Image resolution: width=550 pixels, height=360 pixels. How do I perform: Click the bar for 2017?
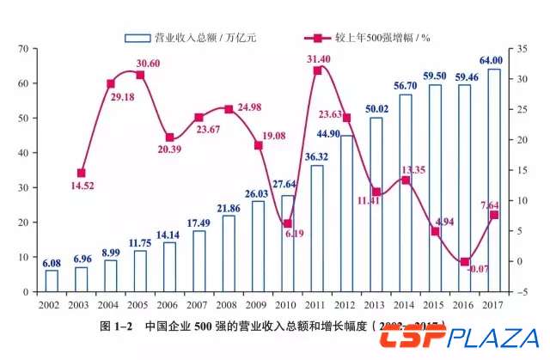point(494,180)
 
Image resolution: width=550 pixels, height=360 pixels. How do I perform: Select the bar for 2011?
point(317,229)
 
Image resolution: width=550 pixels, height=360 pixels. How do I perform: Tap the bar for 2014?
point(406,193)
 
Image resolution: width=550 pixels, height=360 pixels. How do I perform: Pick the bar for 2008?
point(229,253)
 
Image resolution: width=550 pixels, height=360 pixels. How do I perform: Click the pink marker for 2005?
point(140,75)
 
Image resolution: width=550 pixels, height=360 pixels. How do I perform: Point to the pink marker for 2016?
point(465,261)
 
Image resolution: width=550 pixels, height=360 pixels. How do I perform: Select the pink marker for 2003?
point(82,173)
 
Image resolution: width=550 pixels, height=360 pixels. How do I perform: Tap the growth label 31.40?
point(320,58)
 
